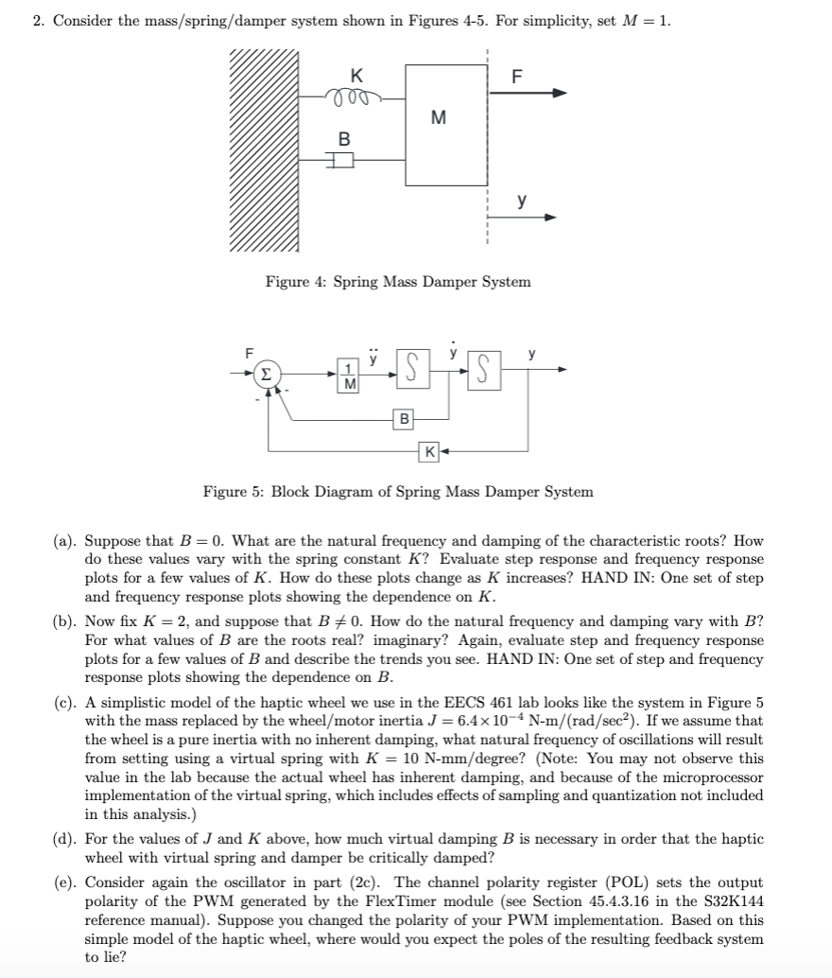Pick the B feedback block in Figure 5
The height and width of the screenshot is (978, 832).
[405, 417]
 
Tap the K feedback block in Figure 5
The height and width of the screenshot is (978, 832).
[430, 451]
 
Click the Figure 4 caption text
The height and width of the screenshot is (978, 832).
[398, 282]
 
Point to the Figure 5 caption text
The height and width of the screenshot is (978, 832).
[398, 492]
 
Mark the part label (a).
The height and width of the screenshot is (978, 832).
[64, 542]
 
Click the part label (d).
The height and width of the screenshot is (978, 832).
[64, 839]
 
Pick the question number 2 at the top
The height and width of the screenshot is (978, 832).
[38, 22]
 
